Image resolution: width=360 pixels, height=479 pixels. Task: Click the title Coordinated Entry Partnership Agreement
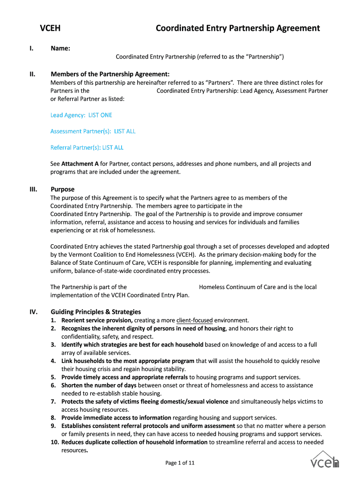(238, 28)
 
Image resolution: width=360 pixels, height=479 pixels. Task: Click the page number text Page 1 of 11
(180, 463)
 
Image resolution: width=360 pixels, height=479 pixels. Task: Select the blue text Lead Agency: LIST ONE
(81, 115)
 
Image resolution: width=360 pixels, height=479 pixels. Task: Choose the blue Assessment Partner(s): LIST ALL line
(93, 131)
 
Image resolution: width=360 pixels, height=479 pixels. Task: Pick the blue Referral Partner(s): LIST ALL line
(86, 148)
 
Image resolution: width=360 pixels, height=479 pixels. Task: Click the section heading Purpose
(62, 189)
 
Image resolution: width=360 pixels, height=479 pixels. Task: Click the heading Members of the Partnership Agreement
(110, 74)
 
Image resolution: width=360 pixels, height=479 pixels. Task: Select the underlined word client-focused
(194, 320)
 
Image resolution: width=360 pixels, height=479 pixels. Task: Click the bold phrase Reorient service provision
(97, 320)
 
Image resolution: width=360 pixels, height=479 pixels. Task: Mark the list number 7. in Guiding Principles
(53, 401)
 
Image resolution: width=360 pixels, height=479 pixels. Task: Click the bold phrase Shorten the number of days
(99, 385)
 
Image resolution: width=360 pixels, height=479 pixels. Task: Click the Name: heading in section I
(60, 49)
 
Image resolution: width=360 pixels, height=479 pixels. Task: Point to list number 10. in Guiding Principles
(55, 442)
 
